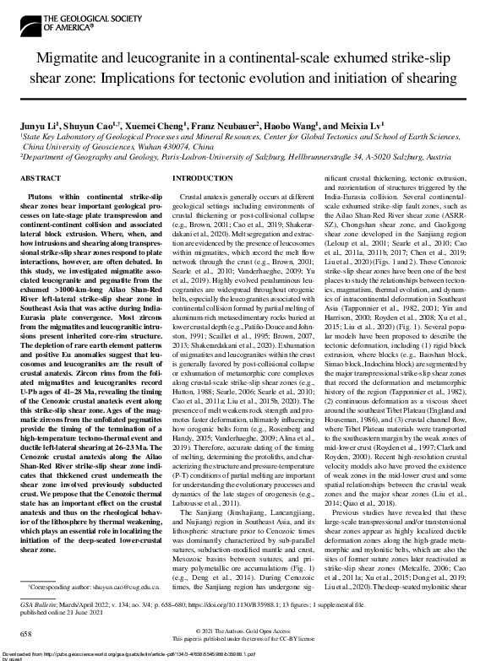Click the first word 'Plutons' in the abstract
(40, 195)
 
